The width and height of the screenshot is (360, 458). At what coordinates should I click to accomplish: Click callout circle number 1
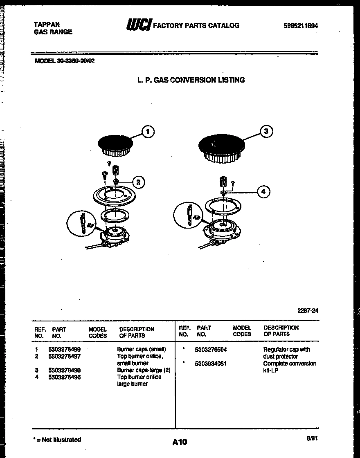[x=148, y=131]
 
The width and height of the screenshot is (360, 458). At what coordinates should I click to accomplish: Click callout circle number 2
[x=138, y=182]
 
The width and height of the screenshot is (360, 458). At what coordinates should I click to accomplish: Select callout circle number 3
[x=266, y=131]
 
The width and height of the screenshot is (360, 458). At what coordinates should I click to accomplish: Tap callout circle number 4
[x=263, y=192]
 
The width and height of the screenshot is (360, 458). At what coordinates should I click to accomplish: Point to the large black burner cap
[x=221, y=145]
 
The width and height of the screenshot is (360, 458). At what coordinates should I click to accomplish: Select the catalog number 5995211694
[x=301, y=26]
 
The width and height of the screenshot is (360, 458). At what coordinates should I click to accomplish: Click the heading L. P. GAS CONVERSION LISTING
[x=191, y=80]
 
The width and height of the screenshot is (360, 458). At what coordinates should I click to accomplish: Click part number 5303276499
[x=64, y=350]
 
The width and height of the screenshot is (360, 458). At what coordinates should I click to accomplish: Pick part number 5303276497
[x=64, y=356]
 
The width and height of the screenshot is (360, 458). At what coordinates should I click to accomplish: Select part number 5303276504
[x=211, y=350]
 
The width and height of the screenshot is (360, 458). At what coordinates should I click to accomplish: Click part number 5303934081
[x=211, y=364]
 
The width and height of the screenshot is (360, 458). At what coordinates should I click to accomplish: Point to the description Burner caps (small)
[x=142, y=350]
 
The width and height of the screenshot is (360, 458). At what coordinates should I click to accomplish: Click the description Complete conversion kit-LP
[x=289, y=367]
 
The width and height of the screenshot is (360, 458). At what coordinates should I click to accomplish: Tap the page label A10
[x=180, y=442]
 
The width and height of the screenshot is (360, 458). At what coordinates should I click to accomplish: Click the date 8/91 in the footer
[x=312, y=438]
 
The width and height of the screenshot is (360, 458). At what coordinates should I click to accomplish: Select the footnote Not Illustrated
[x=57, y=440]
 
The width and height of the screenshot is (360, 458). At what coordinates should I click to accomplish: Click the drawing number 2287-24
[x=308, y=311]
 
